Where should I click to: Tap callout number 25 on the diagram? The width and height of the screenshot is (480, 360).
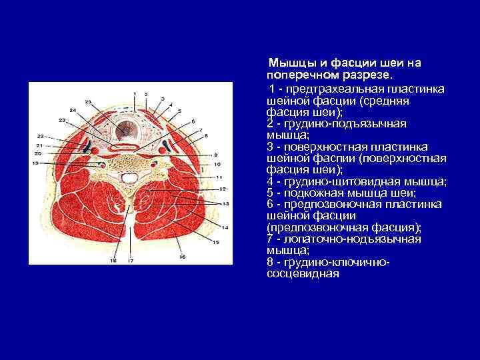tap(88, 101)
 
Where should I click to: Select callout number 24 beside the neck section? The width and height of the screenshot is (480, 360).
tap(72, 109)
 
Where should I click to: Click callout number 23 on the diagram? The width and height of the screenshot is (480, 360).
tap(62, 120)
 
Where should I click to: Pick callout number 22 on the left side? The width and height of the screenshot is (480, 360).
tap(40, 137)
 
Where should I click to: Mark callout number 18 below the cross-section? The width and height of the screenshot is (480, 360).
tap(113, 261)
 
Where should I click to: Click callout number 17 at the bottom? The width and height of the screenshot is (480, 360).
tap(131, 261)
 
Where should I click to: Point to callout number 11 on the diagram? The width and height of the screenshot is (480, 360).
tap(219, 177)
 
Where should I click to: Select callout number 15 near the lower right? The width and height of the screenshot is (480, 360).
tap(215, 242)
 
